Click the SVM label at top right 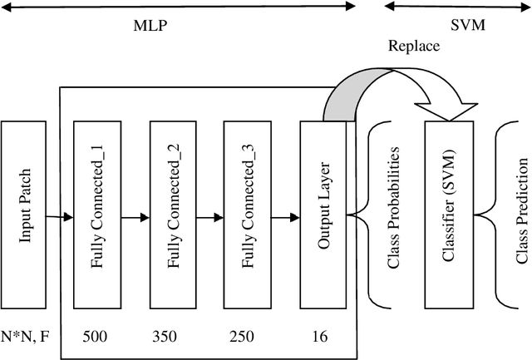466,25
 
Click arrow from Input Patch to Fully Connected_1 59,218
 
